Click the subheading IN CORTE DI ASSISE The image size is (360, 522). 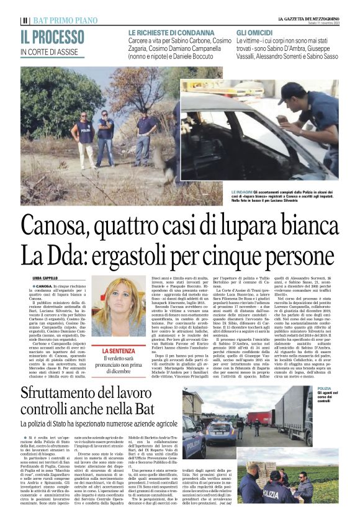tap(50, 52)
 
